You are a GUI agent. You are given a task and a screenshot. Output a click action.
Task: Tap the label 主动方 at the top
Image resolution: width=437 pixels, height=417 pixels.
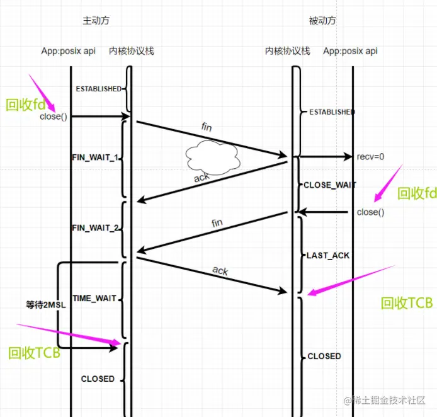pyautogui.click(x=96, y=20)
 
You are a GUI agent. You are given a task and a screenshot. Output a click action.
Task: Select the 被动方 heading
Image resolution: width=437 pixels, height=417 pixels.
pyautogui.click(x=322, y=20)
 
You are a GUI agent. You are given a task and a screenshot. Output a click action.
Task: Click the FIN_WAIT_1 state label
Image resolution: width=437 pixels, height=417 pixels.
pyautogui.click(x=95, y=157)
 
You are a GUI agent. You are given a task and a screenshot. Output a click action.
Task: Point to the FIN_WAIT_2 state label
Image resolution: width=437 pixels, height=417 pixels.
pyautogui.click(x=95, y=227)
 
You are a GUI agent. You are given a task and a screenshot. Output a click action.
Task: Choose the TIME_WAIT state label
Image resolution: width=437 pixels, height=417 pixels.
pyautogui.click(x=94, y=298)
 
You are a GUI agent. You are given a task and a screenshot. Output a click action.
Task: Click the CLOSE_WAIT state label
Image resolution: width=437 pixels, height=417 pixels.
pyautogui.click(x=330, y=185)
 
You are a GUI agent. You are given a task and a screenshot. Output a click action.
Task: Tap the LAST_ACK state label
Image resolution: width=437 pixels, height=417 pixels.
pyautogui.click(x=327, y=256)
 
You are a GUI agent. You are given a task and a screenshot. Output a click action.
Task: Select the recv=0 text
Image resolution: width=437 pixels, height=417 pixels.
pyautogui.click(x=371, y=156)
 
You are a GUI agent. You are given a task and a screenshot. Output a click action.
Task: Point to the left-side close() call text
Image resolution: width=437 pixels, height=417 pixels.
pyautogui.click(x=53, y=117)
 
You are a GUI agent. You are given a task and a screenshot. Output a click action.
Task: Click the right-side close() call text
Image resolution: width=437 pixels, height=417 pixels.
pyautogui.click(x=370, y=212)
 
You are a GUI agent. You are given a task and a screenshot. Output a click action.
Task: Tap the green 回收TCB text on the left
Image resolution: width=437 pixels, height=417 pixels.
pyautogui.click(x=35, y=353)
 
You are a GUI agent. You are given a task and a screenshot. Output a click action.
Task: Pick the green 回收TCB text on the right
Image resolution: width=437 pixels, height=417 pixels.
pyautogui.click(x=407, y=303)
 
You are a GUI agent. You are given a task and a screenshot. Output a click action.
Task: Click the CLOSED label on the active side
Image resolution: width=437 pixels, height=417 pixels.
pyautogui.click(x=98, y=379)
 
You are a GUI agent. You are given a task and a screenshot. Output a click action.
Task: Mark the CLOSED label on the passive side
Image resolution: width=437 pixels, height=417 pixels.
pyautogui.click(x=324, y=356)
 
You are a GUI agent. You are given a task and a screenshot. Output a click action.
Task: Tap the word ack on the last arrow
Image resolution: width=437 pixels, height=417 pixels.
pyautogui.click(x=220, y=271)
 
